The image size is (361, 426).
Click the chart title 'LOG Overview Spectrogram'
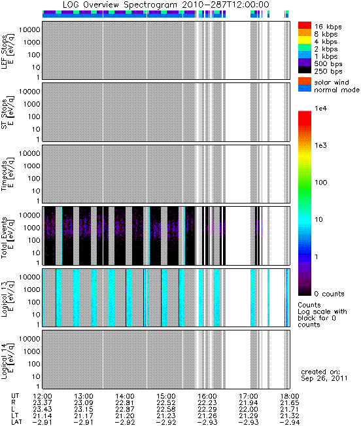(120, 5)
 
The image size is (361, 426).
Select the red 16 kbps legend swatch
(305, 26)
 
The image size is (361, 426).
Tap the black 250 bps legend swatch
(305, 70)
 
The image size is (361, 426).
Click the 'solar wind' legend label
(332, 82)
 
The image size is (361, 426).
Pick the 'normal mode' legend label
(337, 90)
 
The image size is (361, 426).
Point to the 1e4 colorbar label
(321, 109)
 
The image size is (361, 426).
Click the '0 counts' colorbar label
(329, 294)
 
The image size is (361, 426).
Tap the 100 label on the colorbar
(321, 183)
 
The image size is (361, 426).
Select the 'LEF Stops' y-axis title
(7, 51)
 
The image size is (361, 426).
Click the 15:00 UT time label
(166, 397)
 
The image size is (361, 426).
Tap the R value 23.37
(43, 403)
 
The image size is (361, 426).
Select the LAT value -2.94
(289, 423)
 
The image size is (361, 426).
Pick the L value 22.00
(249, 410)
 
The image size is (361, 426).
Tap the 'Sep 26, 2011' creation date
(324, 378)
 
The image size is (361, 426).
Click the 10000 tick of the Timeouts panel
(29, 154)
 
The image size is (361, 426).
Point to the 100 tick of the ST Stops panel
(33, 116)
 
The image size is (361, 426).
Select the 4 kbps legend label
(326, 42)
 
